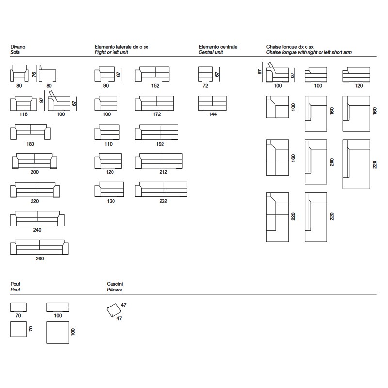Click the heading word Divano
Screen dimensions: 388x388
coord(18,47)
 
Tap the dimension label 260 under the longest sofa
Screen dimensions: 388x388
coord(40,259)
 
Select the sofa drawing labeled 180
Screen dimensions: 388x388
coord(31,132)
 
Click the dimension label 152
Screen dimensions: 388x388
coord(155,86)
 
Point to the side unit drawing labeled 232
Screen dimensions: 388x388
coord(161,190)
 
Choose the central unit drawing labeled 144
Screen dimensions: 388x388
coord(212,103)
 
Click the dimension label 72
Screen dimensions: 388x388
coord(205,86)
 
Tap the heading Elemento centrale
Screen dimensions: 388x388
coord(218,47)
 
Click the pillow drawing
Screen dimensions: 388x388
coord(113,310)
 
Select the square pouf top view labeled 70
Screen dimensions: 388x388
coord(18,329)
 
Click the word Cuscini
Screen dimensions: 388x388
coord(115,284)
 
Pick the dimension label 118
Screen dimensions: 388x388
coord(23,114)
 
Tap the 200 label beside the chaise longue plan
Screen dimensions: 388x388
coord(332,162)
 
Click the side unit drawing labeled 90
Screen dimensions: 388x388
coord(105,74)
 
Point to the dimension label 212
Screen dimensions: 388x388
coord(163,172)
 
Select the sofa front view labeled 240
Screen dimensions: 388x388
coord(37,219)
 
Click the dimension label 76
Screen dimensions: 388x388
coord(34,74)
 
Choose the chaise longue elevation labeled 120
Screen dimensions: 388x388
coord(356,75)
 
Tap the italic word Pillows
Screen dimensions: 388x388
coord(114,290)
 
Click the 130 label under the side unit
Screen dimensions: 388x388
coord(111,201)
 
